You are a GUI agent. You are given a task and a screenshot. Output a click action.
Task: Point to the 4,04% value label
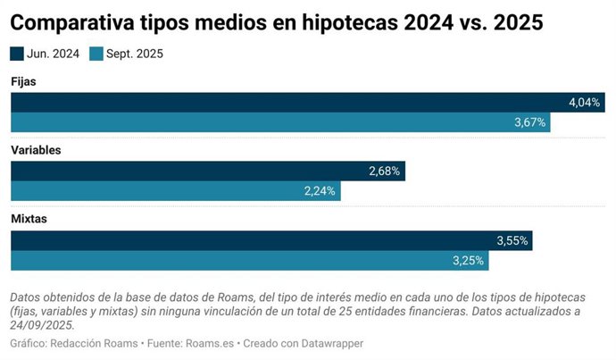pyautogui.click(x=584, y=102)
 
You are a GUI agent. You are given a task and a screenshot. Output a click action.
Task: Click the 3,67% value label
pyautogui.click(x=529, y=122)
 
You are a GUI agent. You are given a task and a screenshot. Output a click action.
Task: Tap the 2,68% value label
pyautogui.click(x=384, y=171)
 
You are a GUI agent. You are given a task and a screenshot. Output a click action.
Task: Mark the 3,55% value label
pyautogui.click(x=512, y=240)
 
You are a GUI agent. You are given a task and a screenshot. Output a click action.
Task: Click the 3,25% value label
pyautogui.click(x=469, y=260)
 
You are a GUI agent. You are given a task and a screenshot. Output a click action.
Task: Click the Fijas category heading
pyautogui.click(x=23, y=81)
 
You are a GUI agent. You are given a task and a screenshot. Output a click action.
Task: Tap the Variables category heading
pyautogui.click(x=36, y=150)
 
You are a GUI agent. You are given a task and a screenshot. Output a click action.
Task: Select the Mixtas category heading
pyautogui.click(x=29, y=219)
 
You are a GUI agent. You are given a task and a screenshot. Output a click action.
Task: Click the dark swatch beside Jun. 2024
pyautogui.click(x=17, y=54)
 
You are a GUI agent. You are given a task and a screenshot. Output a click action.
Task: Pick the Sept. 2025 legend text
pyautogui.click(x=133, y=54)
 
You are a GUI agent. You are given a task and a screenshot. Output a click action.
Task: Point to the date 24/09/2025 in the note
pyautogui.click(x=42, y=325)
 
